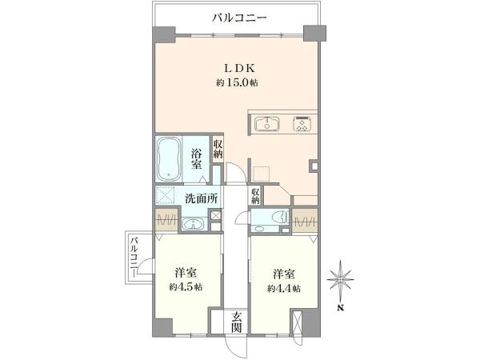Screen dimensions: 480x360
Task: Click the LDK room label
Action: click(x=240, y=68)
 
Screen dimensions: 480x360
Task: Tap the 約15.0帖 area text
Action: click(x=237, y=82)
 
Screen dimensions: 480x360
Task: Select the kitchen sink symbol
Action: click(x=267, y=123)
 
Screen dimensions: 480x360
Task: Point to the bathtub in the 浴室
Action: click(x=168, y=159)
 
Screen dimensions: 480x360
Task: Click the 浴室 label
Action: click(x=197, y=159)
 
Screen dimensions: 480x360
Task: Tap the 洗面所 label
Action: click(x=202, y=199)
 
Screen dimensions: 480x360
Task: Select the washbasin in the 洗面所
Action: click(x=194, y=224)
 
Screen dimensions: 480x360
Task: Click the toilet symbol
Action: click(x=280, y=217)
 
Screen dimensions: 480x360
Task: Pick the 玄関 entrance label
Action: click(x=236, y=322)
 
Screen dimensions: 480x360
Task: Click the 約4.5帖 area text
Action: click(x=186, y=287)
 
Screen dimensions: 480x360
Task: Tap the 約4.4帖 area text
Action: click(x=284, y=288)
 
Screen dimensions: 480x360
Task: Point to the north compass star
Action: click(x=341, y=279)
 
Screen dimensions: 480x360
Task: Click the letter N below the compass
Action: click(x=340, y=308)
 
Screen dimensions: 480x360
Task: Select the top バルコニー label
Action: click(x=240, y=18)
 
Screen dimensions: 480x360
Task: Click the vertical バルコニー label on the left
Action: click(x=134, y=258)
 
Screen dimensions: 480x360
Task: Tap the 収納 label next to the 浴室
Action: click(x=218, y=149)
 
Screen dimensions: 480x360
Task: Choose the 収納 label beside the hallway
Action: click(x=256, y=196)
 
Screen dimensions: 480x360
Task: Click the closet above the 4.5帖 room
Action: click(x=166, y=221)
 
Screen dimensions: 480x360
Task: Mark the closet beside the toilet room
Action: click(x=305, y=221)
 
